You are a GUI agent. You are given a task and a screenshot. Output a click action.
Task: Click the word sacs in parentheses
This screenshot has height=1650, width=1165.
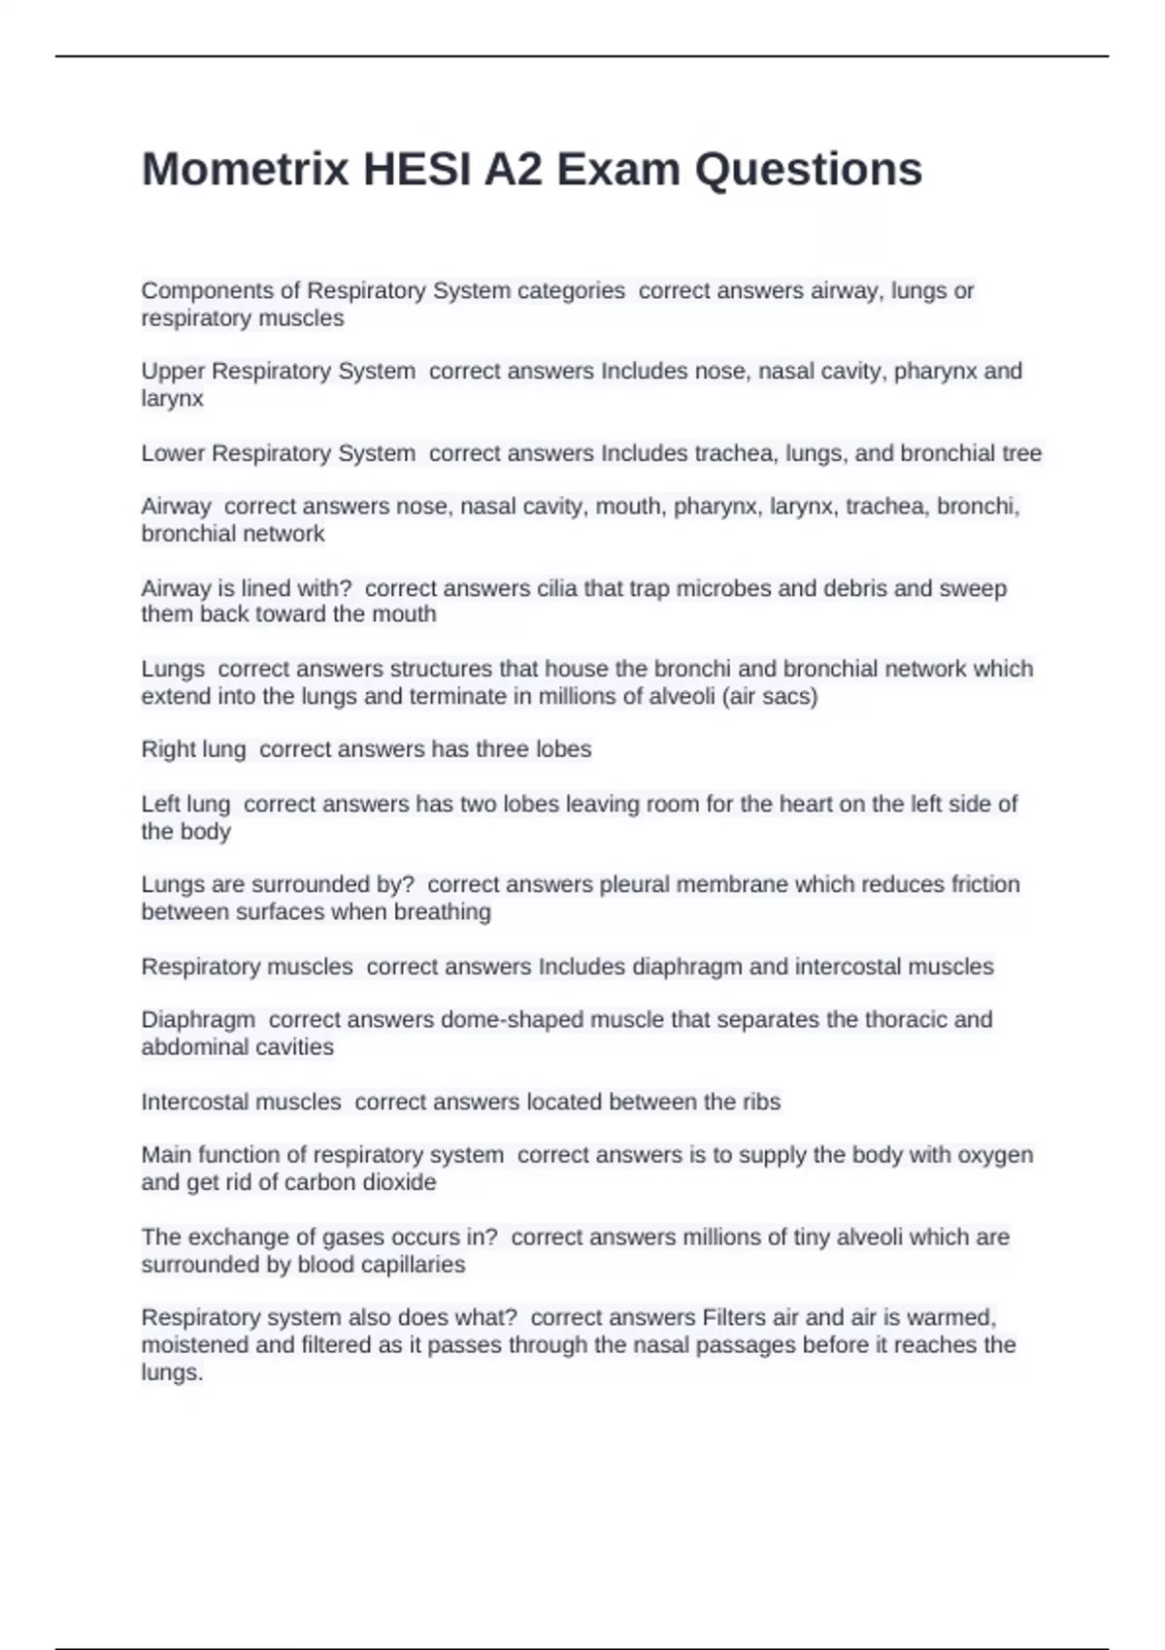click(x=790, y=696)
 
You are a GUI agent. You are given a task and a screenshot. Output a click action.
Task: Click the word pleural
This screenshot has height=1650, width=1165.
click(x=637, y=884)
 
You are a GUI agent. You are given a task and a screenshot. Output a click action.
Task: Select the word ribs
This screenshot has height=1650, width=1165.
click(x=761, y=1102)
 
